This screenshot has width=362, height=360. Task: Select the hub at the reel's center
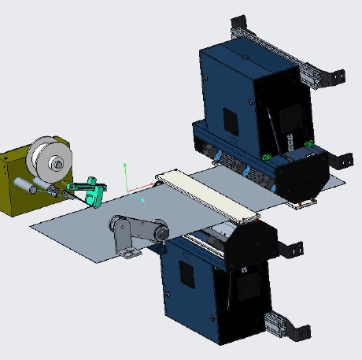coord(57,164)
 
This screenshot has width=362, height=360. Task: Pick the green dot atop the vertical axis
coord(124,165)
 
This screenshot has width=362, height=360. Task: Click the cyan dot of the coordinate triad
coord(142,200)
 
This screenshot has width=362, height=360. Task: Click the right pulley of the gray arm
coord(160,233)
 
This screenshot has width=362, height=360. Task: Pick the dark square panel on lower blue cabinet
coord(187,273)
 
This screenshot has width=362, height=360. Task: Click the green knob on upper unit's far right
coord(309,143)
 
